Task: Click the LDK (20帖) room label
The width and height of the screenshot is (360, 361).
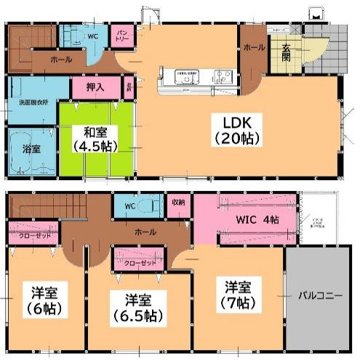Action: (x=233, y=129)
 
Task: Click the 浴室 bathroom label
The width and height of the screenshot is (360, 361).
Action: (x=31, y=148)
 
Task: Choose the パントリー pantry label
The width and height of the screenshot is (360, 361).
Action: (x=121, y=34)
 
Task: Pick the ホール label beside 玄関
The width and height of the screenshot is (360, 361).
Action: (x=253, y=47)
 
